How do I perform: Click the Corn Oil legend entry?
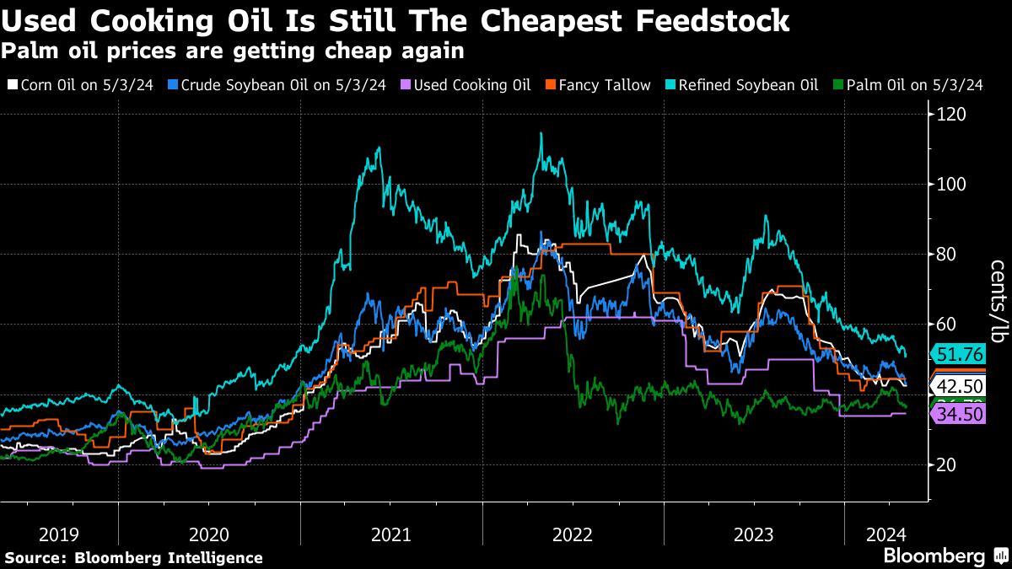[x=79, y=85]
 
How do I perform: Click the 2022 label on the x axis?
[x=573, y=534]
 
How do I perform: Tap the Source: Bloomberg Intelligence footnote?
[x=133, y=558]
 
